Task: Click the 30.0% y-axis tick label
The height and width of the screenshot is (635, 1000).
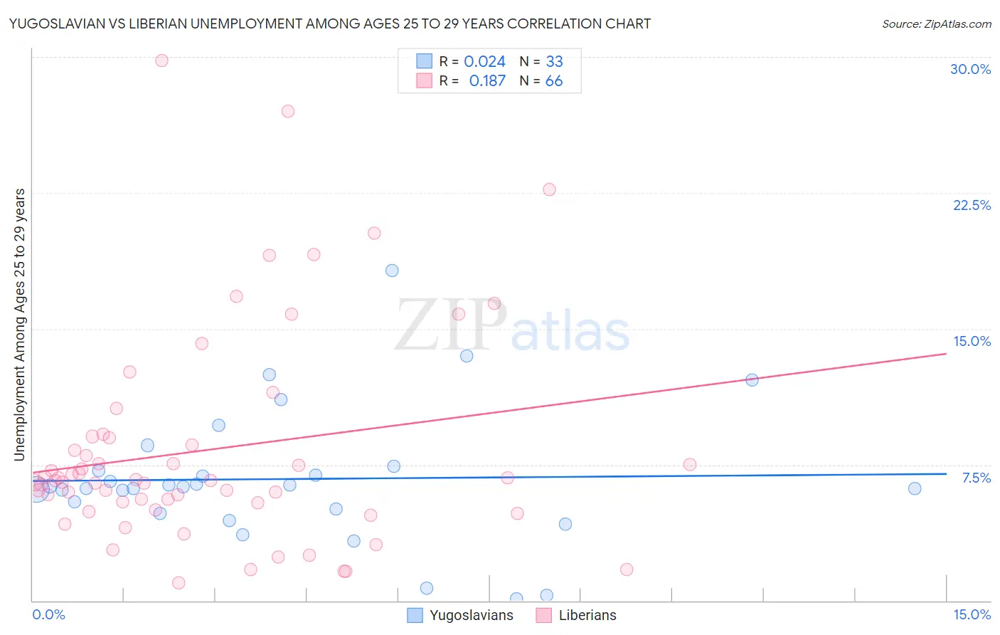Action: tap(970, 69)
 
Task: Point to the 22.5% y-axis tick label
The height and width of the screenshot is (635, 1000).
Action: tap(972, 205)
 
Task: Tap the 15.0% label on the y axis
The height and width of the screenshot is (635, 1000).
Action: tap(972, 341)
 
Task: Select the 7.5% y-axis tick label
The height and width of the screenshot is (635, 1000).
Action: tap(976, 478)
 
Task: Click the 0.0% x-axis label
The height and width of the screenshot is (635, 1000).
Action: tap(48, 614)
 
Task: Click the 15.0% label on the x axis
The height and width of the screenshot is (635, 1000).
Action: tap(972, 614)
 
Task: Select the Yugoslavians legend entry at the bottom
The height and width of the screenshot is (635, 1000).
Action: tap(461, 615)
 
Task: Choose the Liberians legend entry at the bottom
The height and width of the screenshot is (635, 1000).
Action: tap(577, 615)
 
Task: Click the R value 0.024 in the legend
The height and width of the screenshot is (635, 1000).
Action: tap(484, 62)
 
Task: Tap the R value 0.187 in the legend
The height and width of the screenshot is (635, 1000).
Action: tap(487, 81)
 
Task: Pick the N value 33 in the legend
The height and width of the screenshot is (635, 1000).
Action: tap(554, 62)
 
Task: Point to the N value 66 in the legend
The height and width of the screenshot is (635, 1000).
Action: tap(554, 81)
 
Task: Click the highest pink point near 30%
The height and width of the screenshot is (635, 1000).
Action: tap(161, 61)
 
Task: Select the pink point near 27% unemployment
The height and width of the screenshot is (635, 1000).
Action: tap(288, 111)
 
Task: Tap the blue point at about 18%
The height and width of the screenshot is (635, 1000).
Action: tap(392, 271)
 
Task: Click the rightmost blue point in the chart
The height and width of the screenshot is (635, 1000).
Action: tap(915, 488)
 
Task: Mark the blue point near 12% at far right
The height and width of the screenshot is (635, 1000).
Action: tap(752, 380)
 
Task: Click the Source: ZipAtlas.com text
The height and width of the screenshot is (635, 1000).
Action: tap(936, 23)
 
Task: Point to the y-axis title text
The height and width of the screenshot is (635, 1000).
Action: tap(19, 324)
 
